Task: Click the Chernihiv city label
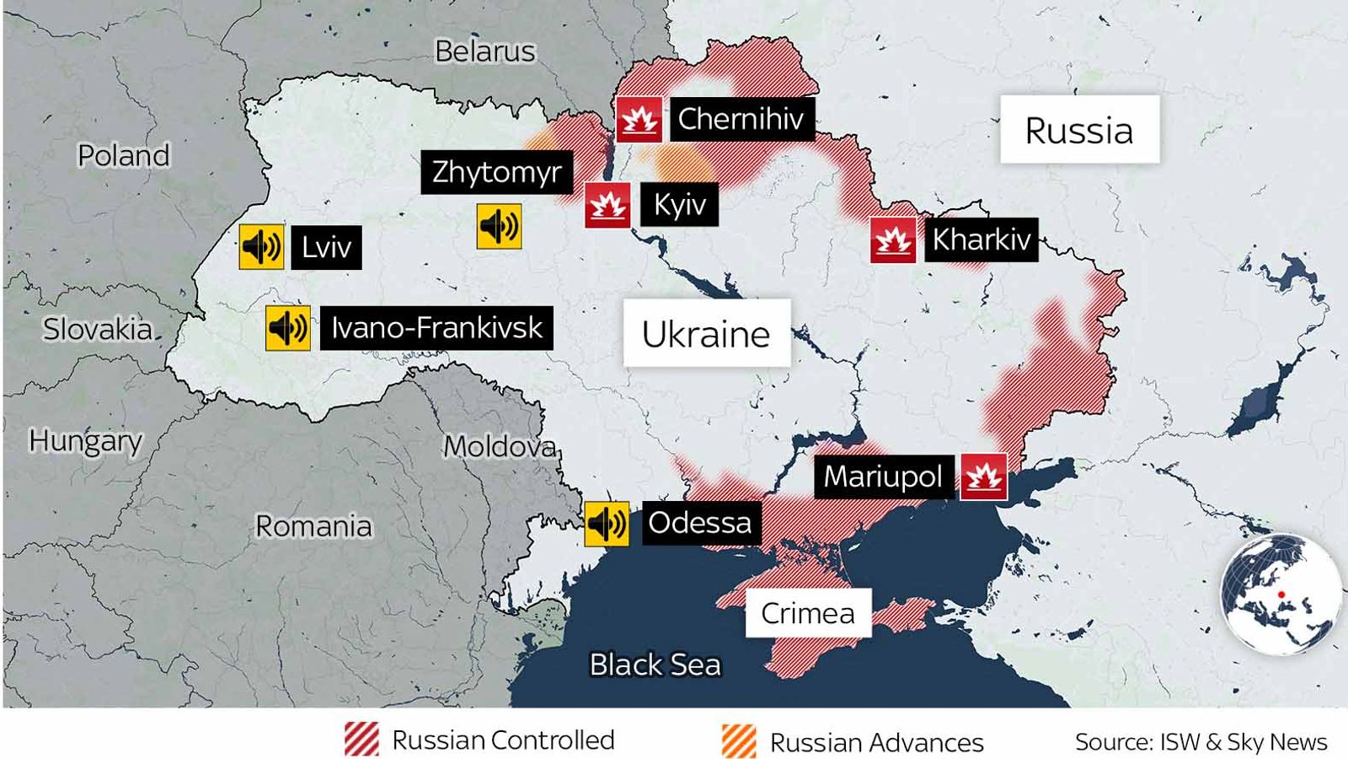click(x=741, y=119)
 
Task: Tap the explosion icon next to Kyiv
click(x=607, y=205)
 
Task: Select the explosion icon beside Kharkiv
click(x=893, y=240)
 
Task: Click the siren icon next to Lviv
click(x=261, y=246)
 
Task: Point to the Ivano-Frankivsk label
click(x=436, y=327)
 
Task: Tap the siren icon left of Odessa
click(x=607, y=524)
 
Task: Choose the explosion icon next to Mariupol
click(x=983, y=476)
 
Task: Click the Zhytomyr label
click(x=496, y=172)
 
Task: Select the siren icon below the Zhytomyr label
click(x=499, y=226)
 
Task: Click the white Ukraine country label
click(x=706, y=333)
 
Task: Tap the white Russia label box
click(x=1079, y=130)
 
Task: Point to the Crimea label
click(x=807, y=613)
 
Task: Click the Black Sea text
click(x=655, y=665)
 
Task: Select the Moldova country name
click(x=500, y=445)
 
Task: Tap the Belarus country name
click(x=484, y=51)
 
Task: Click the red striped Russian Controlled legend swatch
click(x=361, y=740)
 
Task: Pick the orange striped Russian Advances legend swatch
click(x=739, y=741)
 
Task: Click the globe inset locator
click(x=1281, y=595)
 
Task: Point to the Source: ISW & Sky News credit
click(x=1201, y=742)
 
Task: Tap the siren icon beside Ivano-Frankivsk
click(x=287, y=327)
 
